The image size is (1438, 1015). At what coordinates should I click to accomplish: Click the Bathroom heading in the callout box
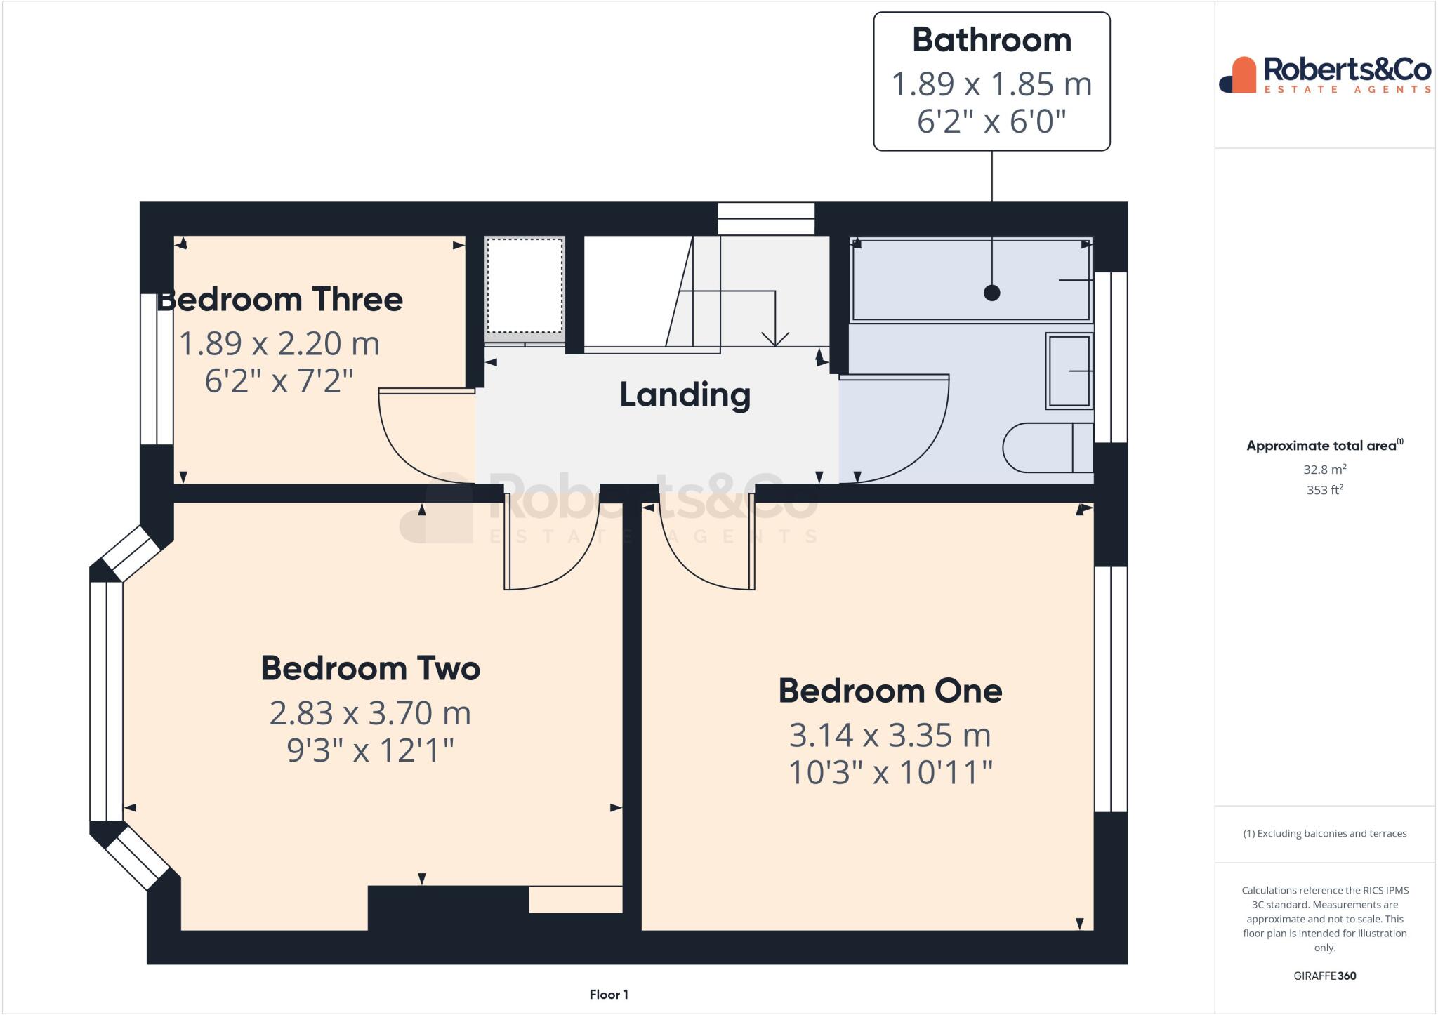[991, 40]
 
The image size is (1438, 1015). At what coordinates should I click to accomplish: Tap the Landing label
[685, 395]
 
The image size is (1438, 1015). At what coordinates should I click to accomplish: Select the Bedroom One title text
[890, 691]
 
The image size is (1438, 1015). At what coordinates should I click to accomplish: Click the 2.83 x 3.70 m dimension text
[370, 713]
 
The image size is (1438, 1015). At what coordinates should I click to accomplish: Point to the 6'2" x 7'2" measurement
[279, 381]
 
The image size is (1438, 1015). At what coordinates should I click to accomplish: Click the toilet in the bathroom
[1046, 447]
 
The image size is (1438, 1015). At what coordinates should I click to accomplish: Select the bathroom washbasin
[1069, 370]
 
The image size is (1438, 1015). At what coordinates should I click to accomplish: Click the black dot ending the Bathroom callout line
[991, 293]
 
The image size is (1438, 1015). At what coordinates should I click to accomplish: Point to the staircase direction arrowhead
[775, 339]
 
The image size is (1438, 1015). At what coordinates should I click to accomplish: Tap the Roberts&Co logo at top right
[1324, 74]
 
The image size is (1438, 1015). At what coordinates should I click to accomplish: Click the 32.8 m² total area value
[1324, 470]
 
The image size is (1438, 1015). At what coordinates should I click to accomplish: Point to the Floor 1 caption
[608, 995]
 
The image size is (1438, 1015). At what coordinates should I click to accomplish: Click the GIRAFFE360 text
[1324, 976]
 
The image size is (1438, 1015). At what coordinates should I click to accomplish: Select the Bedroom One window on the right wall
[1111, 689]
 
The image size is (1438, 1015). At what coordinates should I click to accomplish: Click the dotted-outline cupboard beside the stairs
[525, 286]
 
